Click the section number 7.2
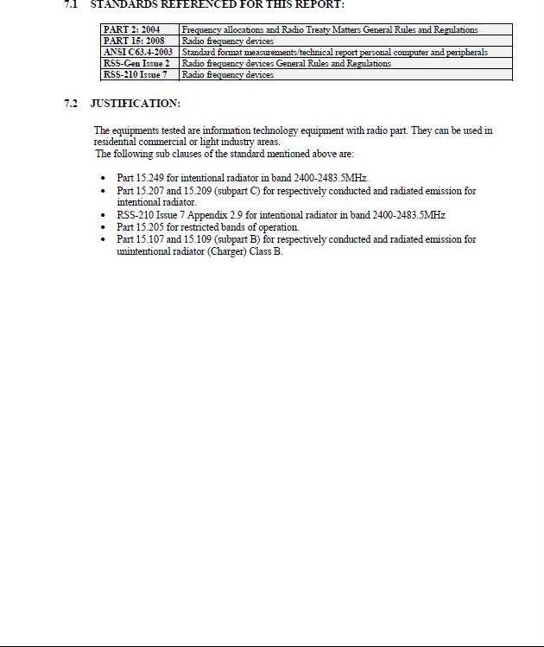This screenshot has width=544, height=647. click(71, 104)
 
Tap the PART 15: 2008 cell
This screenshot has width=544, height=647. click(134, 41)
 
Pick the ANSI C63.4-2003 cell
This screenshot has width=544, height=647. click(138, 52)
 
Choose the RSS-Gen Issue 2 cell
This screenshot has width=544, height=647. click(136, 63)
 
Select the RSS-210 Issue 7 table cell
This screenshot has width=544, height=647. click(136, 74)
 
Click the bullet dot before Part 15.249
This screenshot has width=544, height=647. click(104, 178)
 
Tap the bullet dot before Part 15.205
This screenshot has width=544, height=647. click(104, 227)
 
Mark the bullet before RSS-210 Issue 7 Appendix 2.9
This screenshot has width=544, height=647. click(104, 215)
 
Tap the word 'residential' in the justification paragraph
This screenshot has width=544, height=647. click(115, 142)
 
